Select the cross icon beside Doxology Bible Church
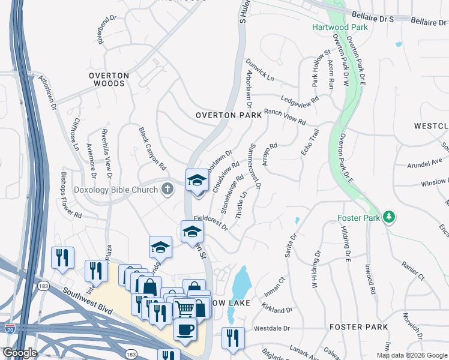point(167,190)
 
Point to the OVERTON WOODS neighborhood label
point(109,79)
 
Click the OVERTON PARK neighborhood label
point(229,115)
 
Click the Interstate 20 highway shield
point(10,328)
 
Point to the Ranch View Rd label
point(285,116)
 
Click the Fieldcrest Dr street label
point(210,223)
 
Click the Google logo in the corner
point(20,353)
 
